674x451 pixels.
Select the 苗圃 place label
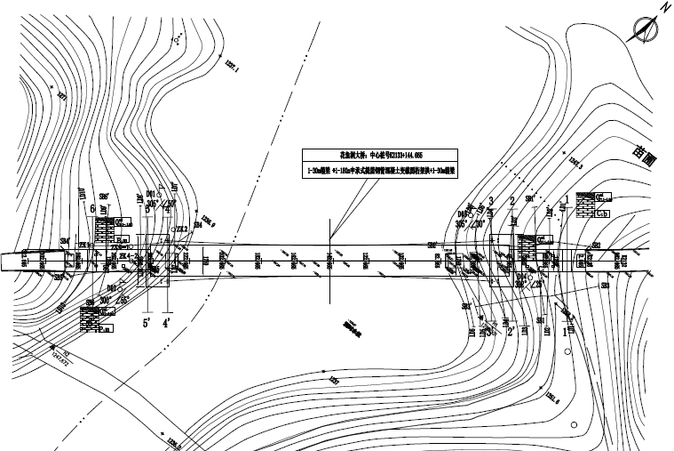point(646,157)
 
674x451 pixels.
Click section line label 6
point(92,207)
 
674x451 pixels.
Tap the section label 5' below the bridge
point(147,324)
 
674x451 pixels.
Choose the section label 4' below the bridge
point(167,324)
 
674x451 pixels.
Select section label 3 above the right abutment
point(490,200)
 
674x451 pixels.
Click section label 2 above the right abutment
point(512,200)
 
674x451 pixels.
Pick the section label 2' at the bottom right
point(511,333)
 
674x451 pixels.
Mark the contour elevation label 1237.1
point(234,64)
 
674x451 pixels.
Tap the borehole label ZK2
point(180,230)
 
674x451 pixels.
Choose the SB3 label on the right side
point(604,286)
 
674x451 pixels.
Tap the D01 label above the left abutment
point(151,193)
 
